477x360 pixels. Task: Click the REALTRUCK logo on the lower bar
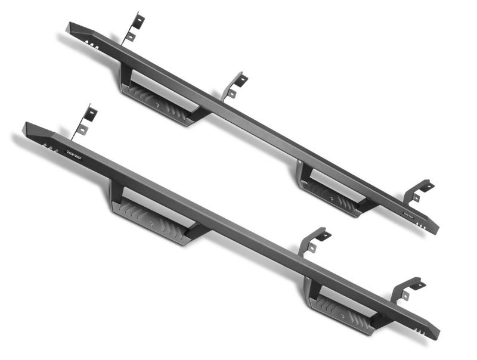click(x=74, y=153)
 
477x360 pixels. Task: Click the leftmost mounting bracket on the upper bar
click(x=135, y=26)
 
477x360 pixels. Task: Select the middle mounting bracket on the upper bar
click(x=235, y=86)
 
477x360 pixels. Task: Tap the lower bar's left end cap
click(x=31, y=129)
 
